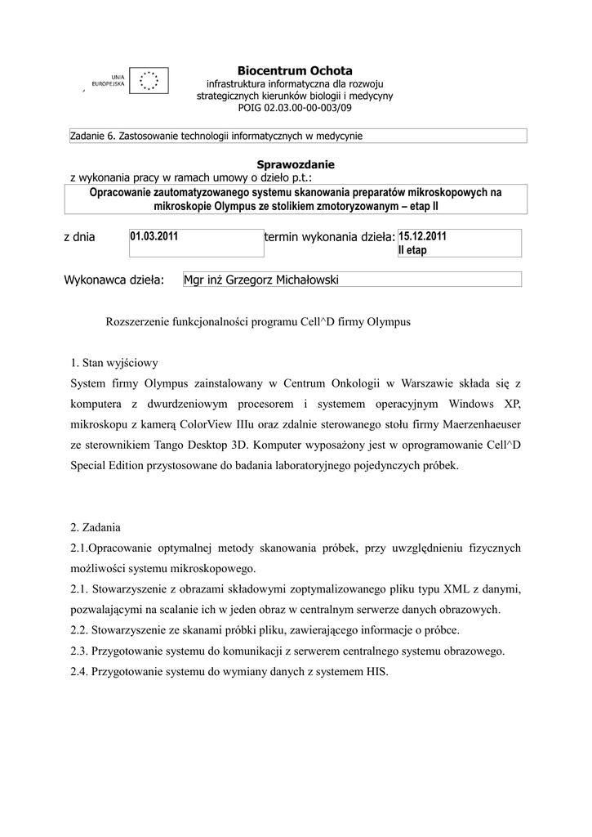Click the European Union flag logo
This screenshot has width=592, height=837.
coord(149,80)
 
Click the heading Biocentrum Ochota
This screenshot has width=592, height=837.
coord(295,71)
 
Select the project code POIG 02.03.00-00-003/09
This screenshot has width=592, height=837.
coord(295,107)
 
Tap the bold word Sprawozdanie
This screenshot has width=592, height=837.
coord(295,164)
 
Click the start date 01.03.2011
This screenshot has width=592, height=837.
coord(154,236)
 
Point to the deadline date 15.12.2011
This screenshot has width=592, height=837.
coord(422,236)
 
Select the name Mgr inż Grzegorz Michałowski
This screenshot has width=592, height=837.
coord(260,280)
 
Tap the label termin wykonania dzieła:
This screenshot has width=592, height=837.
coord(329,238)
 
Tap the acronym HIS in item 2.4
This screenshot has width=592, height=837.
coord(376,673)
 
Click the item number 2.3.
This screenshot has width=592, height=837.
coord(79,651)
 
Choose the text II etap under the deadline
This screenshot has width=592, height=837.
coord(412,250)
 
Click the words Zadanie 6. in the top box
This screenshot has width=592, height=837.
coord(92,136)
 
